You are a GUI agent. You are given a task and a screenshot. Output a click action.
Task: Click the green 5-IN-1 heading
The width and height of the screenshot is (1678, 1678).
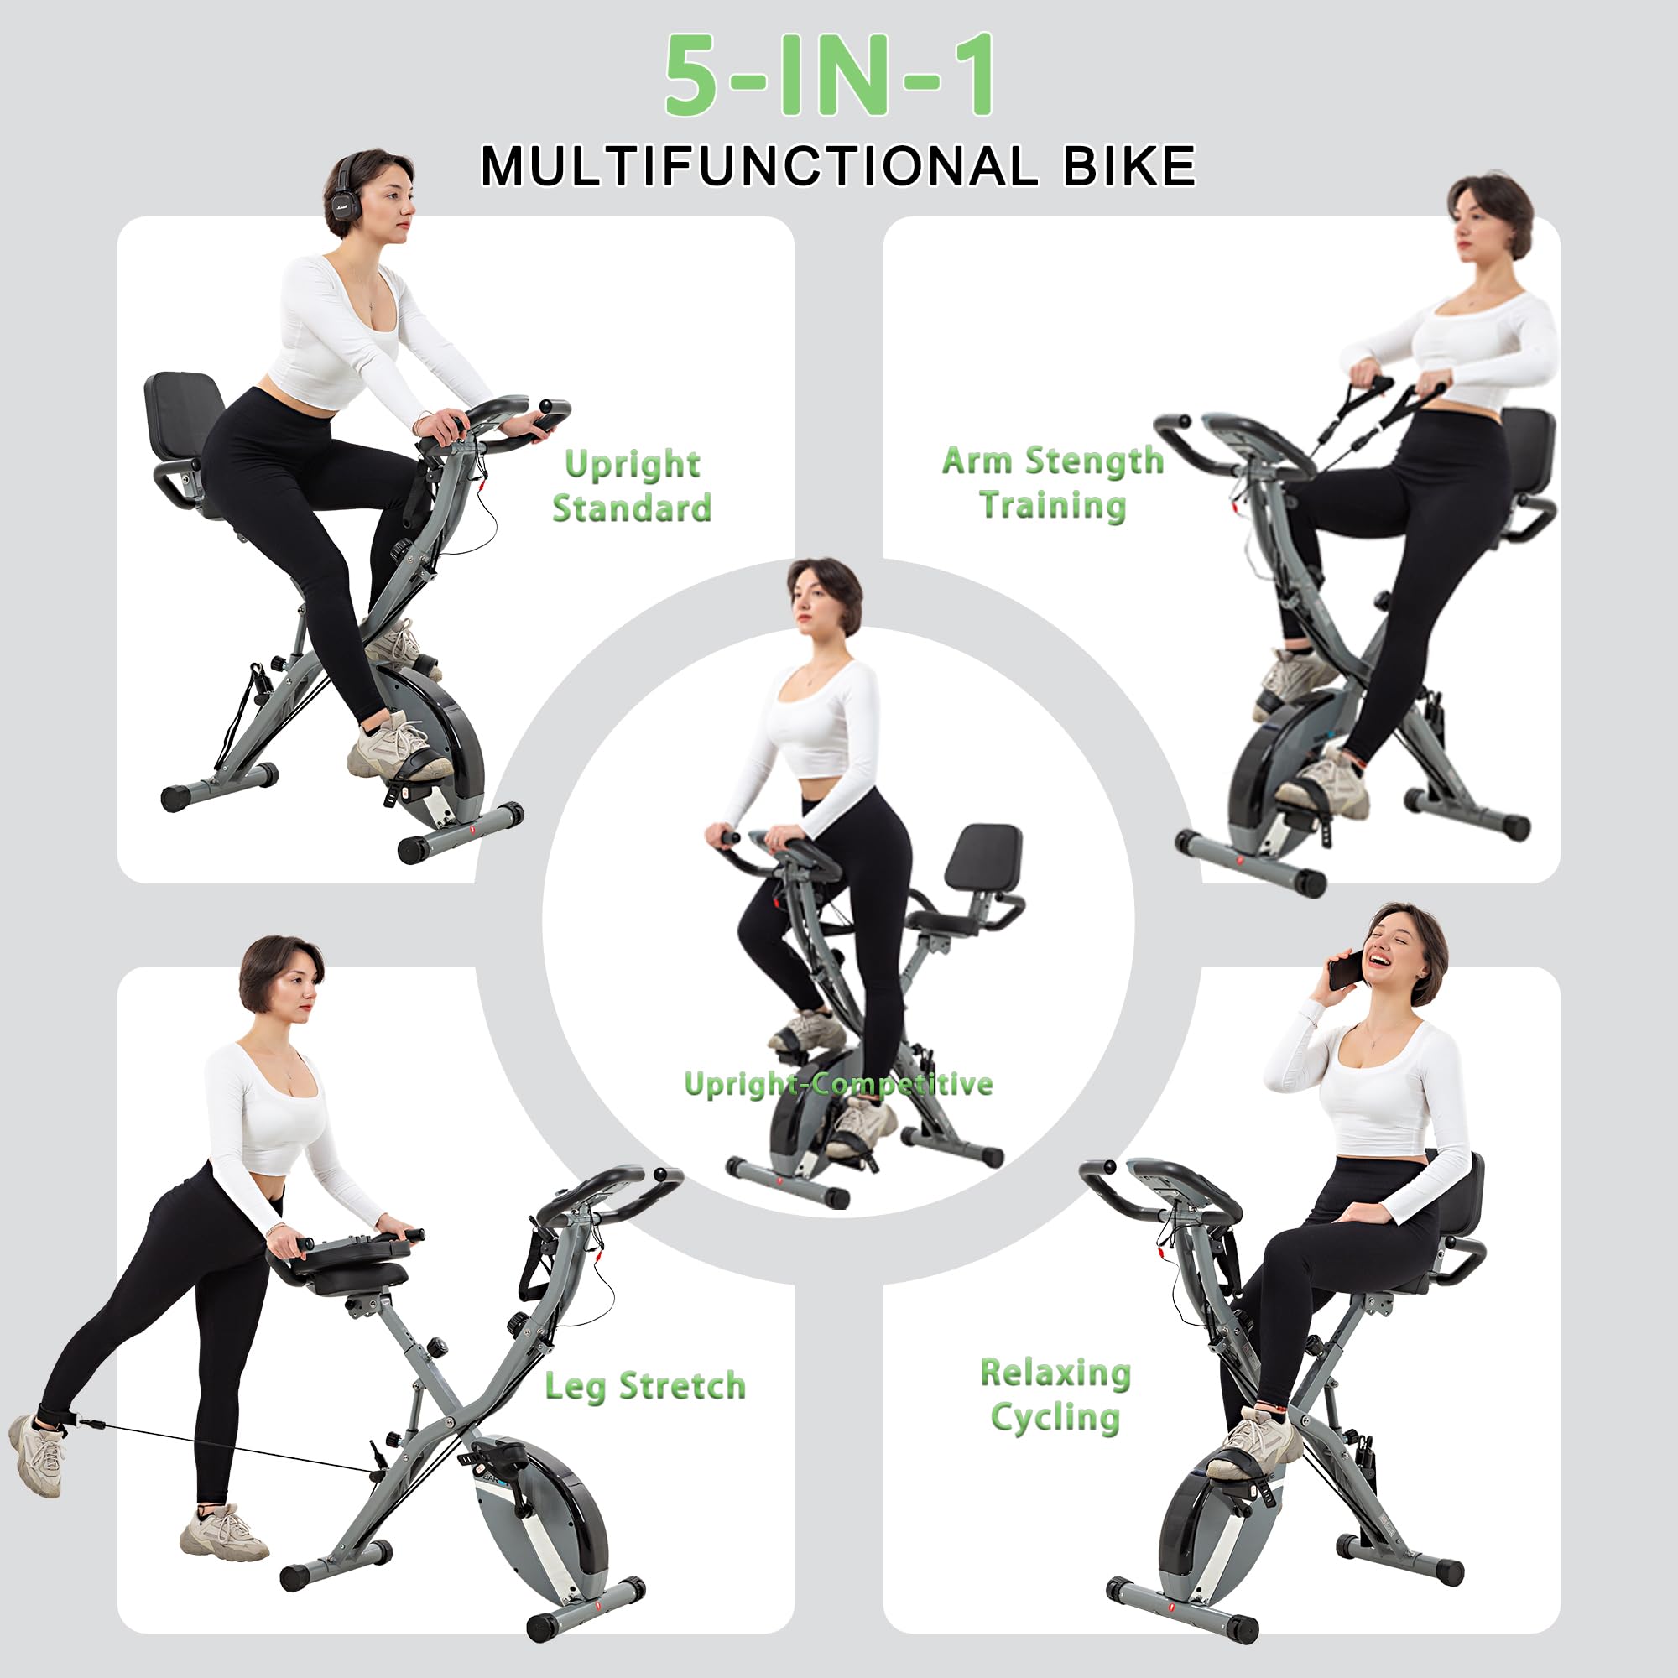pos(831,76)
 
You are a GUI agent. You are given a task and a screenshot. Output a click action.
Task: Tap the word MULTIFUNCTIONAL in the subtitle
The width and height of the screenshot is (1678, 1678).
pos(760,166)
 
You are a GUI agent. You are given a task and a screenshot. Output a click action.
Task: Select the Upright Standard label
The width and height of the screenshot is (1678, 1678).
pos(633,486)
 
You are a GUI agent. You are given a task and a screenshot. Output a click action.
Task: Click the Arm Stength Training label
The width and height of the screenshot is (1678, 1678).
pos(1053,483)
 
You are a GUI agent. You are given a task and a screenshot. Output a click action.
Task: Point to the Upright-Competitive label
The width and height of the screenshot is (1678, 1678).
pos(838,1084)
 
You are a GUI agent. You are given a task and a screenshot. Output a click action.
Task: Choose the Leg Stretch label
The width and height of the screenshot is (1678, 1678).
pos(645,1386)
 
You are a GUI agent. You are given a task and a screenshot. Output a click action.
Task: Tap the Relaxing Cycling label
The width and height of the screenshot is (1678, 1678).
pos(1055,1395)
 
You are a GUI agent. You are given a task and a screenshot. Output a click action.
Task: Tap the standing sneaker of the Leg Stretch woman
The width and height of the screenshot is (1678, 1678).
pos(223,1535)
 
